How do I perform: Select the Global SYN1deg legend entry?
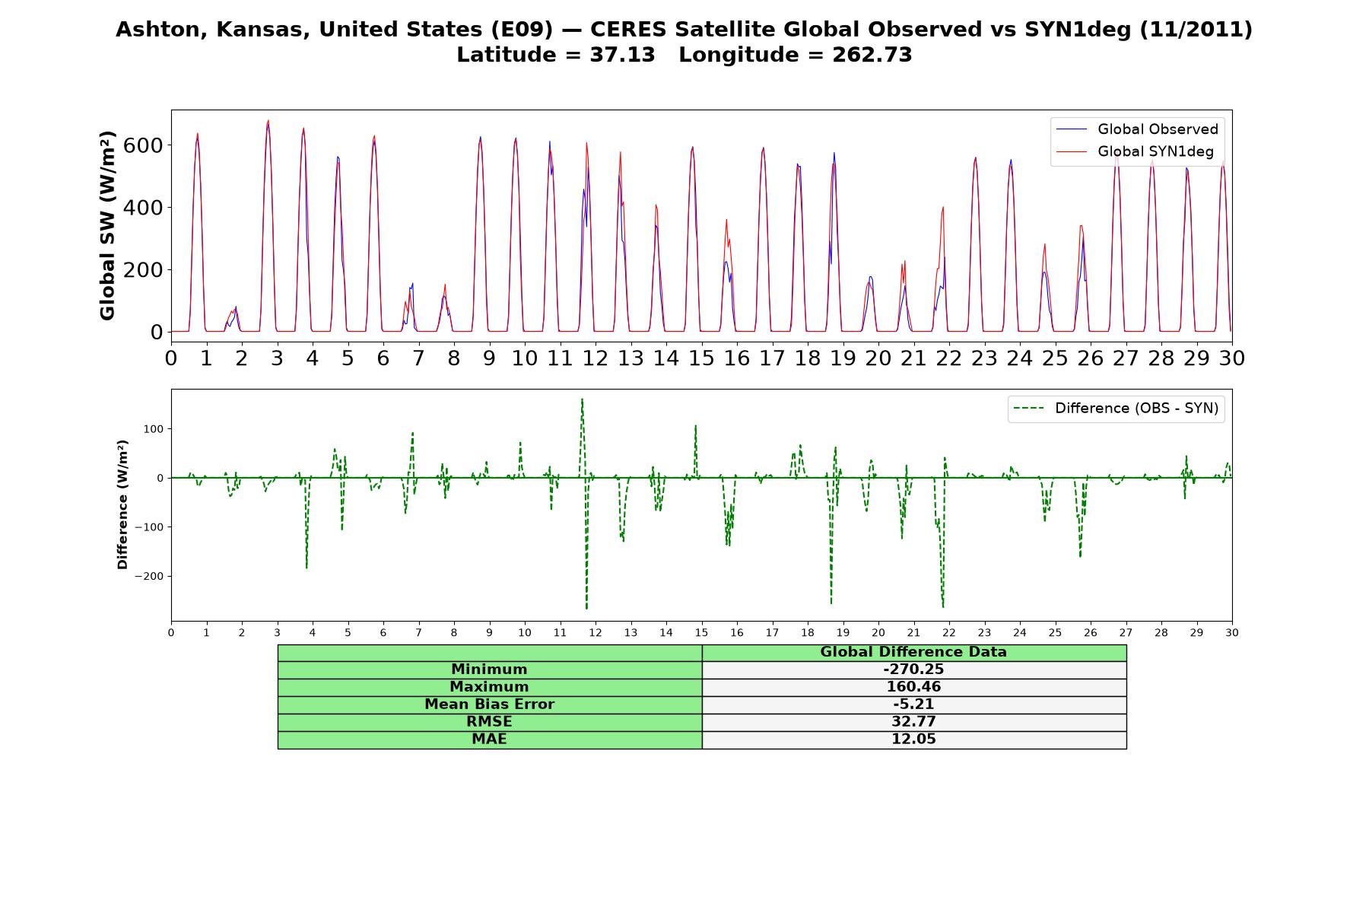1134,151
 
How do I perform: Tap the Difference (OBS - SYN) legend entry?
1116,409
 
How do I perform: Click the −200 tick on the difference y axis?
150,577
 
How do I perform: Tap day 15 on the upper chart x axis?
701,358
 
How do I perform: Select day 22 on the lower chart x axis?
949,632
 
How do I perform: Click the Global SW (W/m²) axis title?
107,226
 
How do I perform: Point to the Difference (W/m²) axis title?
122,505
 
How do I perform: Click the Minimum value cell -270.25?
913,670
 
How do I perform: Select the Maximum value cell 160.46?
913,687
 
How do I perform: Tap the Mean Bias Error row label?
489,705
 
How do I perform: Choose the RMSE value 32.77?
913,722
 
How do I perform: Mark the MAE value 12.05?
913,740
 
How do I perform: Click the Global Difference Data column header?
913,652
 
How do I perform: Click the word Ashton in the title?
162,30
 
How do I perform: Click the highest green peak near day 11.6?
582,399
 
